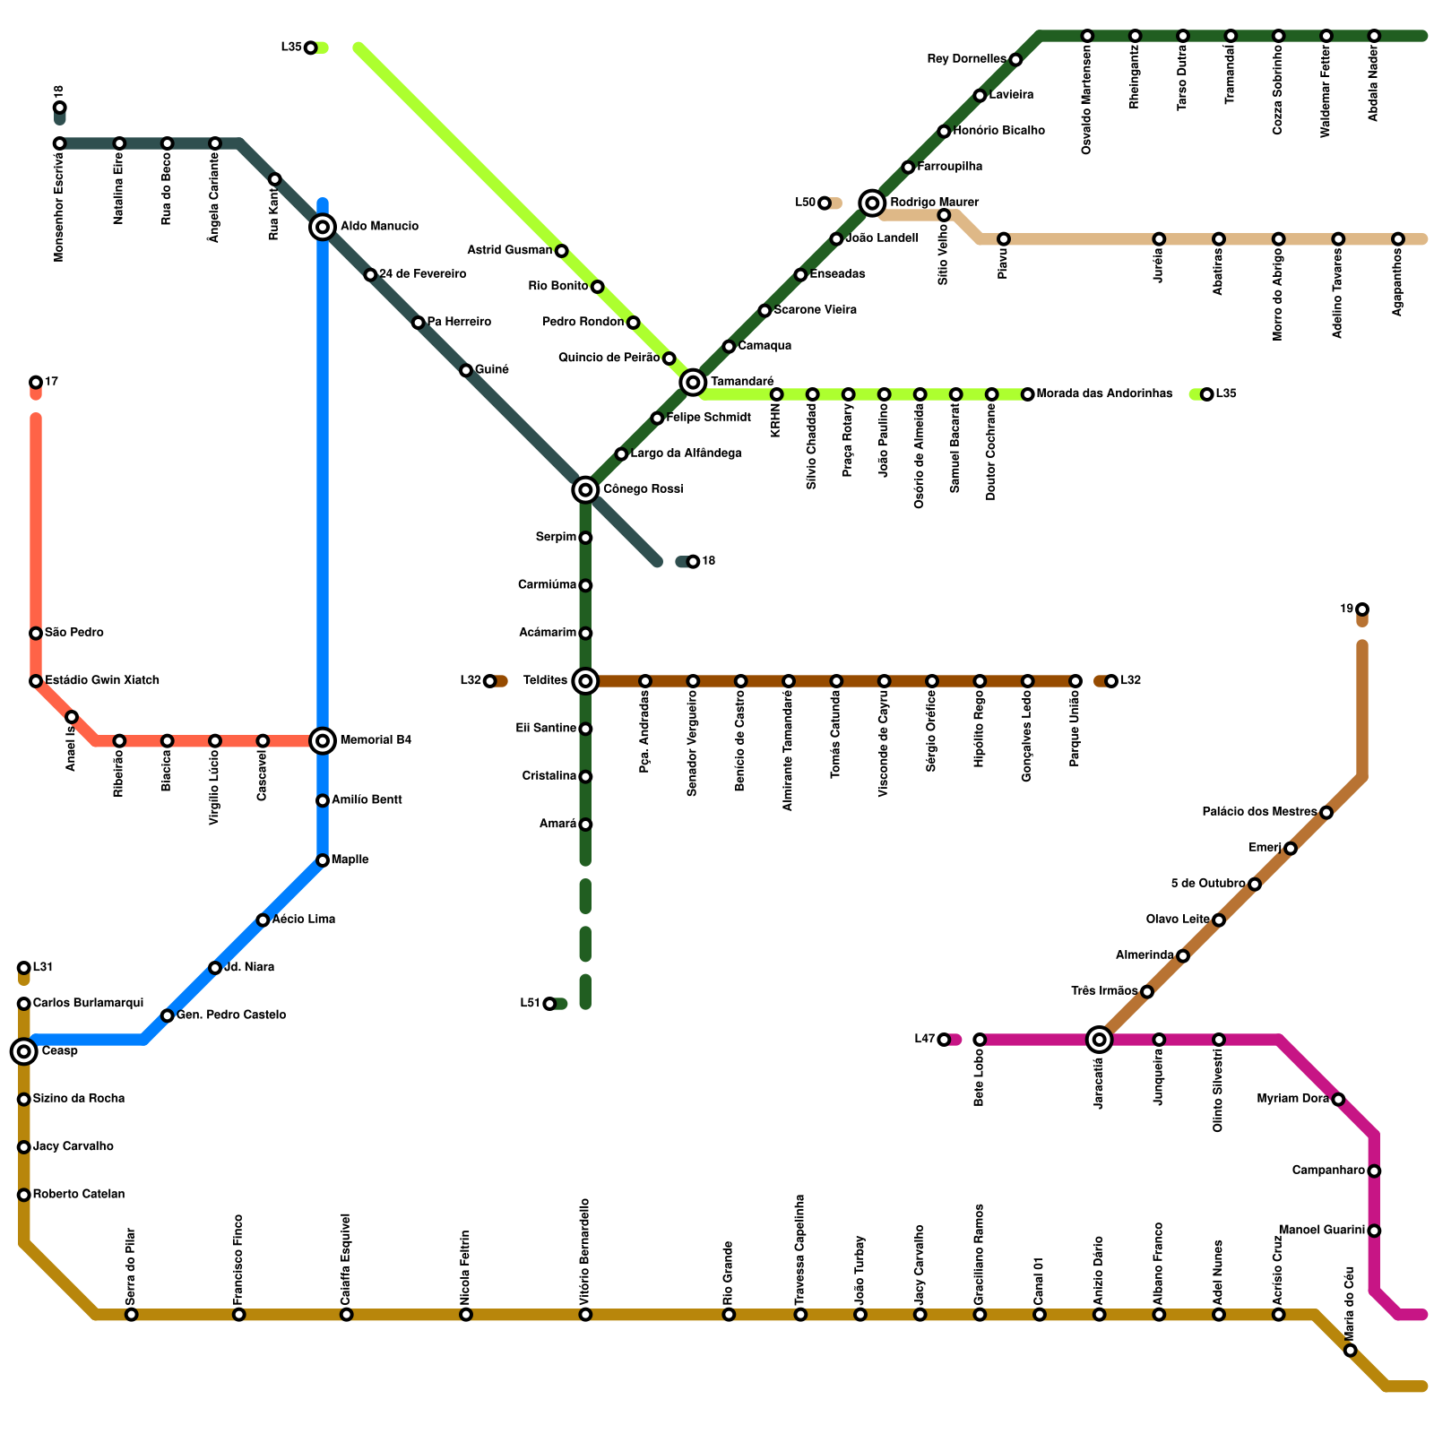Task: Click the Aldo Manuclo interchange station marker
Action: pos(323,227)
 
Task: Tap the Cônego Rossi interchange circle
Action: pos(585,489)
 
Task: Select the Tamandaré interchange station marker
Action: pos(693,383)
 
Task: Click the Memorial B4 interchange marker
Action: pos(323,740)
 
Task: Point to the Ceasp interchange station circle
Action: pos(24,1051)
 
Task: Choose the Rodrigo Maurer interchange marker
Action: pos(872,203)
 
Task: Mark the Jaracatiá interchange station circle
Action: pos(1100,1040)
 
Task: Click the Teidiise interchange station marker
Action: pos(585,681)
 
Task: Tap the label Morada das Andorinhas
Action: pos(1104,394)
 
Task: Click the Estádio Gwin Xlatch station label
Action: pos(101,681)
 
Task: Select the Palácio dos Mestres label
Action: pos(1259,813)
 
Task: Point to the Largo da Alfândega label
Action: pos(686,454)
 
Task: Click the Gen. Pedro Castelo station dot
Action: pos(168,1015)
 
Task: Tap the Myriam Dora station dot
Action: pos(1338,1100)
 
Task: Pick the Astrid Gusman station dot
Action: pos(562,251)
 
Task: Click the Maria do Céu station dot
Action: pos(1351,1351)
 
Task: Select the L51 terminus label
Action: pos(530,1004)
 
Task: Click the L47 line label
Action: pos(924,1040)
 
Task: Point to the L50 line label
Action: pos(805,203)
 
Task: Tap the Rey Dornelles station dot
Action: pos(1015,60)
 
